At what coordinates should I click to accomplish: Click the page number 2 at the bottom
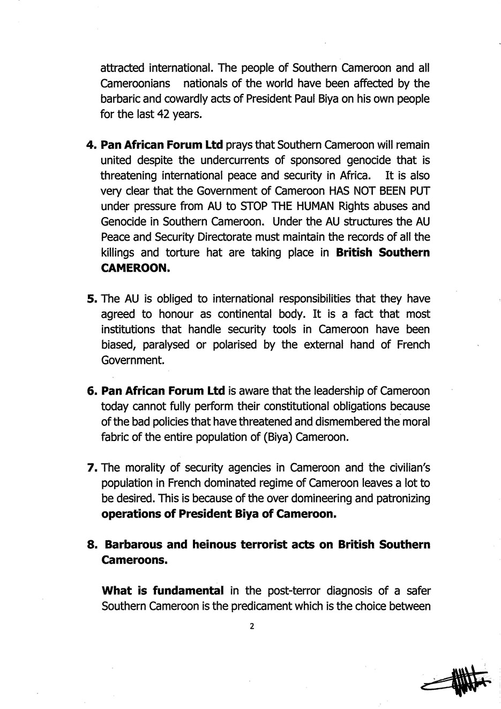(251, 625)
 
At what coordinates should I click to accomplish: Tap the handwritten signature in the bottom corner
(458, 682)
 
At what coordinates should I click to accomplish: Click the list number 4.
(91, 145)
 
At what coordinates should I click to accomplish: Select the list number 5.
(91, 298)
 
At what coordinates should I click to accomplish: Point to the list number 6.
(91, 391)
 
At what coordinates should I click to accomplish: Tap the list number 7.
(91, 468)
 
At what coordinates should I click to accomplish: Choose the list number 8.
(92, 545)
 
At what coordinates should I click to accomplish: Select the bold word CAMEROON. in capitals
(136, 268)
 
